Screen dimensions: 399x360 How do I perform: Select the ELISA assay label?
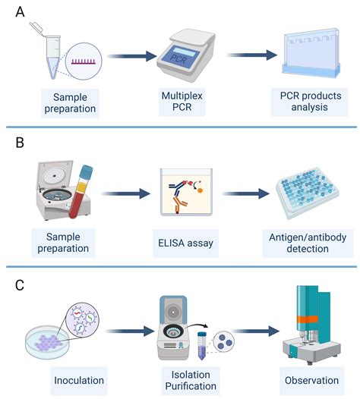(x=186, y=243)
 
